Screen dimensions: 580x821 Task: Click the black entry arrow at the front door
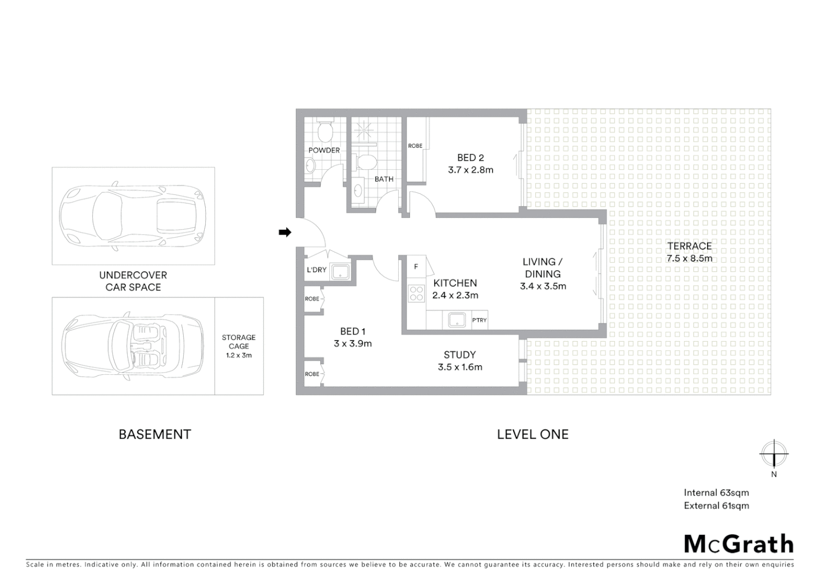click(285, 232)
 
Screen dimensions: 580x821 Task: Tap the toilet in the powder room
click(325, 129)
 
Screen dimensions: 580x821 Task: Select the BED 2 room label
click(471, 157)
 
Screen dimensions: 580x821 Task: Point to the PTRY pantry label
click(479, 320)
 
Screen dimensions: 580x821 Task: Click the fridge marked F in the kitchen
click(416, 267)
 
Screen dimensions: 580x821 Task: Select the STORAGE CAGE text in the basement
click(239, 342)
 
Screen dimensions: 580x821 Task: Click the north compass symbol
click(774, 454)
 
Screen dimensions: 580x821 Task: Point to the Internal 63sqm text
click(716, 492)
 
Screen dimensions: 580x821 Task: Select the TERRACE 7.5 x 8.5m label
click(689, 252)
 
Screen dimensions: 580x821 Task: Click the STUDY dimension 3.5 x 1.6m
click(460, 367)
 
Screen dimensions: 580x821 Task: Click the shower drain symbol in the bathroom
click(366, 129)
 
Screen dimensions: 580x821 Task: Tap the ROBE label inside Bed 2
click(415, 146)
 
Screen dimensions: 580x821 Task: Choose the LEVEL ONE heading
click(532, 434)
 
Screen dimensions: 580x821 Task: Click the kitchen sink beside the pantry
click(456, 320)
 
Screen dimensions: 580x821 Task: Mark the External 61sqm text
click(716, 505)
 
